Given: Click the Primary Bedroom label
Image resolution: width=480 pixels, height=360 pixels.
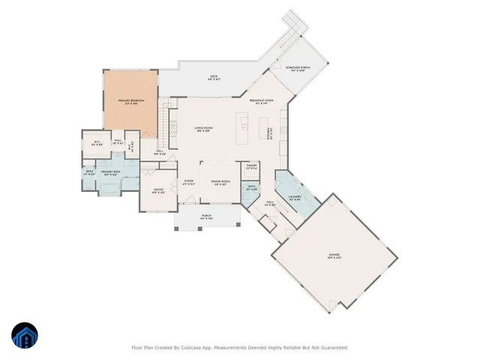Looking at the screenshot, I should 130,101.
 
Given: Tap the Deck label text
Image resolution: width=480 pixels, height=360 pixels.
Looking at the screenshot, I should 213,78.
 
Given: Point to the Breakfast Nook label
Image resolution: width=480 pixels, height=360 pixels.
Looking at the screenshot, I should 261,101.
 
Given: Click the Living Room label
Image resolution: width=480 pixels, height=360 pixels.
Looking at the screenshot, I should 204,130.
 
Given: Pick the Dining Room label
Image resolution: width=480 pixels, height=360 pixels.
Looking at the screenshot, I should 220,182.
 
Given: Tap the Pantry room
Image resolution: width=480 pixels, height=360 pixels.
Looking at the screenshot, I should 252,166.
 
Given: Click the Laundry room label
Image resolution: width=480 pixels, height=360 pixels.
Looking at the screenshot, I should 294,199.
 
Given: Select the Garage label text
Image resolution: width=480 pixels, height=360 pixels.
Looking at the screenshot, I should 334,256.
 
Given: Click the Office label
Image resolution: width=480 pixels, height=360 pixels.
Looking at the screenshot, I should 158,191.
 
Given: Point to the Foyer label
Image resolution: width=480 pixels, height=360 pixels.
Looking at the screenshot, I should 189,182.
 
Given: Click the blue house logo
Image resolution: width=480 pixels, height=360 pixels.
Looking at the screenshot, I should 24,335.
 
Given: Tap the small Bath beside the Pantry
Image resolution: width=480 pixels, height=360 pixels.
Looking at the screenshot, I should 252,187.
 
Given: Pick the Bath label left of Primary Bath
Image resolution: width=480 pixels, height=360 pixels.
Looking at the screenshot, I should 89,173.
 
